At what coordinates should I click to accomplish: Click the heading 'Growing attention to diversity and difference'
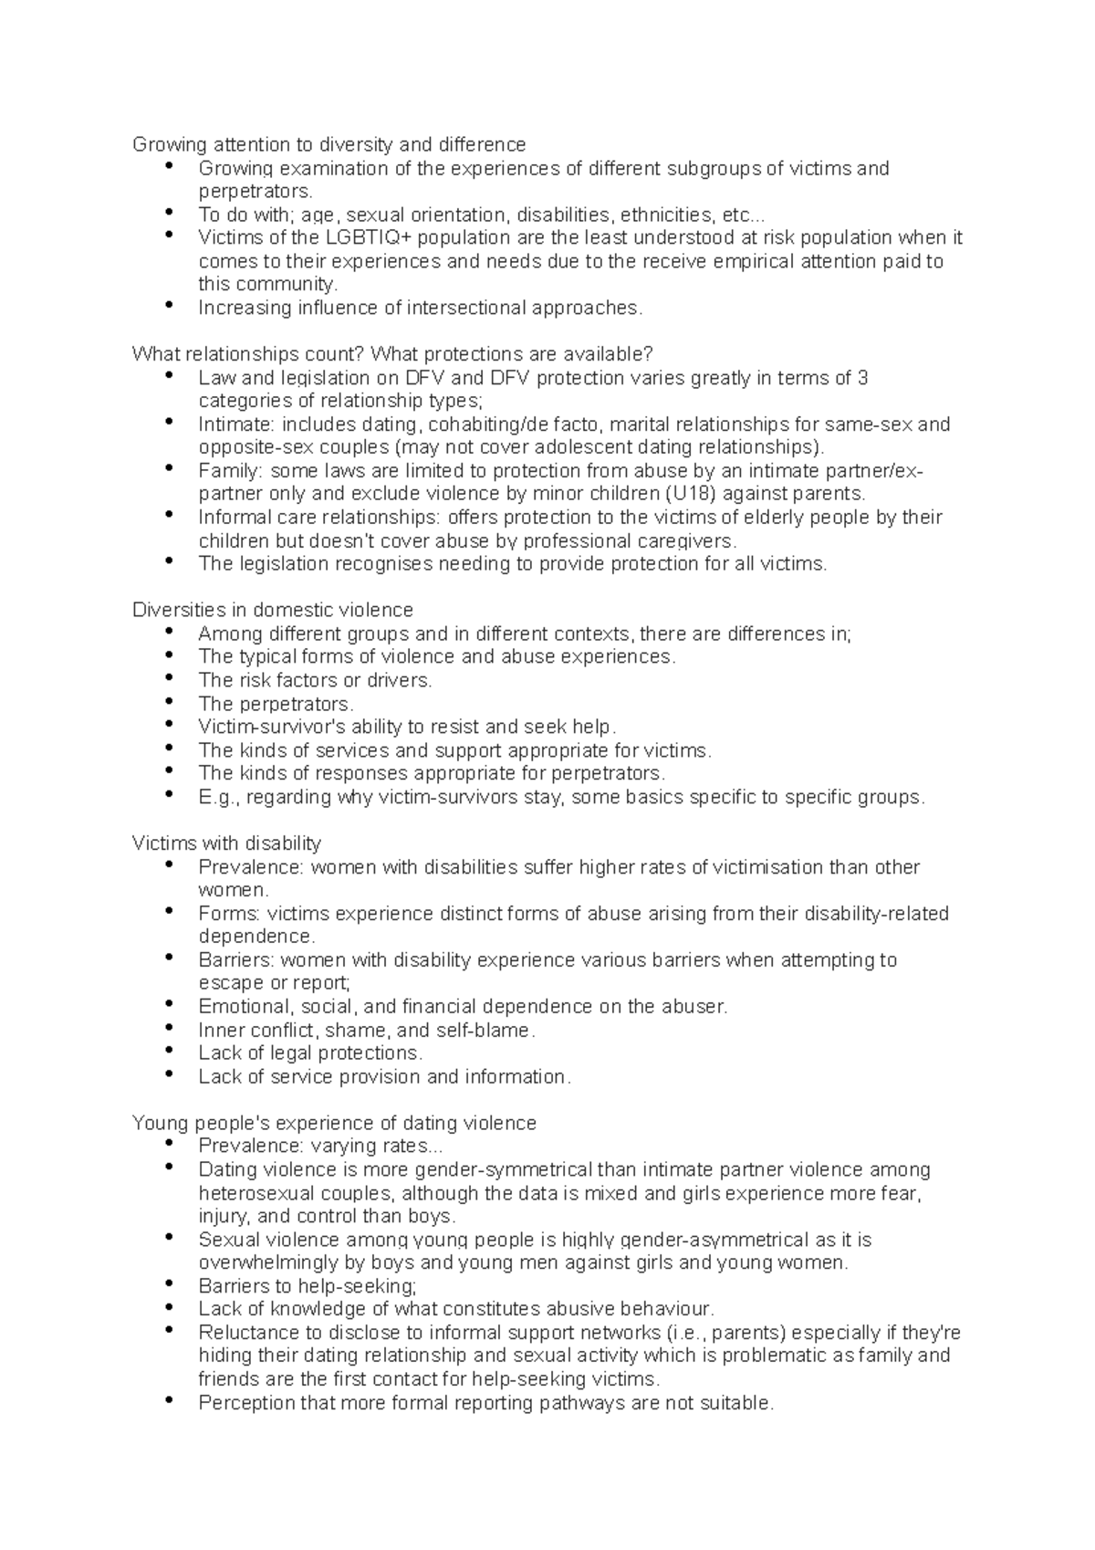(328, 144)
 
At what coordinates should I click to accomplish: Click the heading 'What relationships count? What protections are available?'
(392, 354)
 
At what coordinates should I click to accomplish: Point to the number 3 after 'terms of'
(863, 377)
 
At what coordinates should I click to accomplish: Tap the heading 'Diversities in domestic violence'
(272, 610)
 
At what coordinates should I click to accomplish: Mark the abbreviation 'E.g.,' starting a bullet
(219, 797)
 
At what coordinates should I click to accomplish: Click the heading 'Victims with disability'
(226, 843)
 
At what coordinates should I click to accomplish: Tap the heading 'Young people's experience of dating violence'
(334, 1123)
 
